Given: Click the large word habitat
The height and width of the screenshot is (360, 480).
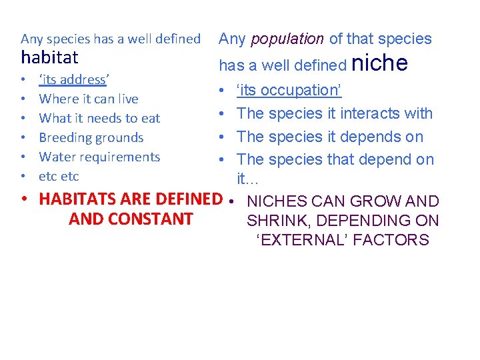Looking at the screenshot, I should (x=50, y=57).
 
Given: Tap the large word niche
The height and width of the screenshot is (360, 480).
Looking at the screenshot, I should (x=379, y=63).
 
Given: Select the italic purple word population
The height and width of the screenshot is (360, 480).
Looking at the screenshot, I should (x=288, y=39).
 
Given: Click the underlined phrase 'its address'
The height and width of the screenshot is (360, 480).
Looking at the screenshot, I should (x=73, y=80).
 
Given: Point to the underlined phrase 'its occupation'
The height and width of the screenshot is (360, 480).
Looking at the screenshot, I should (x=289, y=90).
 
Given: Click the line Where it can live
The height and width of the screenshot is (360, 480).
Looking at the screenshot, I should (x=89, y=99).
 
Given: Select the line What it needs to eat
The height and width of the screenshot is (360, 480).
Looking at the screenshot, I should (x=99, y=119).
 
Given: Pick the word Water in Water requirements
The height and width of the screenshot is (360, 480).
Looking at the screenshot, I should (x=57, y=157).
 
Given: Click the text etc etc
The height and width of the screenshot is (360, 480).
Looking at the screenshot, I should (x=59, y=177).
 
